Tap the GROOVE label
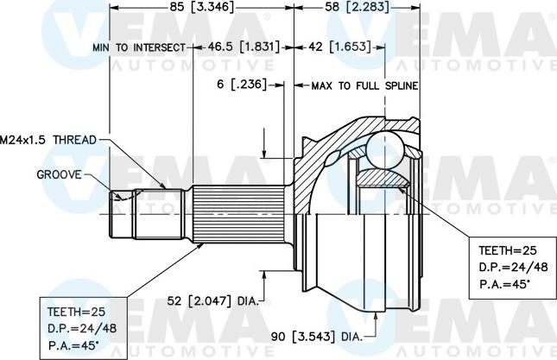tap(59, 174)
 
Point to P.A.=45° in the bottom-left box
tap(72, 345)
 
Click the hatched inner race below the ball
tap(383, 179)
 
